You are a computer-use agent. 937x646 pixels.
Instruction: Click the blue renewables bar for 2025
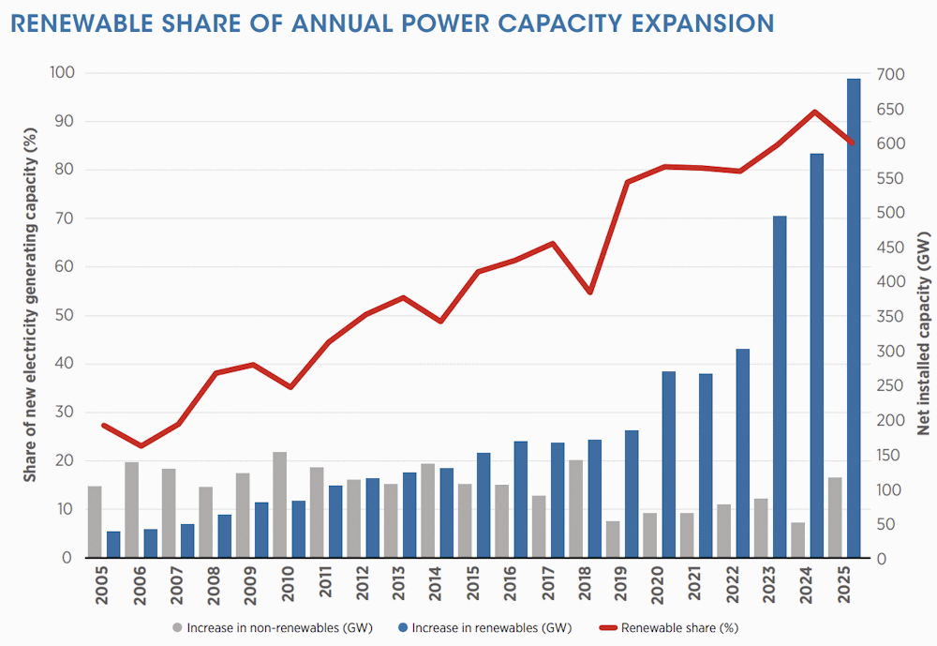(854, 319)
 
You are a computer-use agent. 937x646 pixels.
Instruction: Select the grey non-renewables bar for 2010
(279, 505)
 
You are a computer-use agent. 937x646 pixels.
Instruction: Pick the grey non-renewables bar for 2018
(575, 509)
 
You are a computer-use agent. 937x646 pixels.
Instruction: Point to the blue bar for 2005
(113, 545)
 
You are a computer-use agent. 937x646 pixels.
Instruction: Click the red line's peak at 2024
(815, 112)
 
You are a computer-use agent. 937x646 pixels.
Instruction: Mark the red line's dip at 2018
(589, 293)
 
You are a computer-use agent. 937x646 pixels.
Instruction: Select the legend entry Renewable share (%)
(678, 626)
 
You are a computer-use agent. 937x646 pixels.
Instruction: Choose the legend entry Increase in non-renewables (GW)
(273, 626)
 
